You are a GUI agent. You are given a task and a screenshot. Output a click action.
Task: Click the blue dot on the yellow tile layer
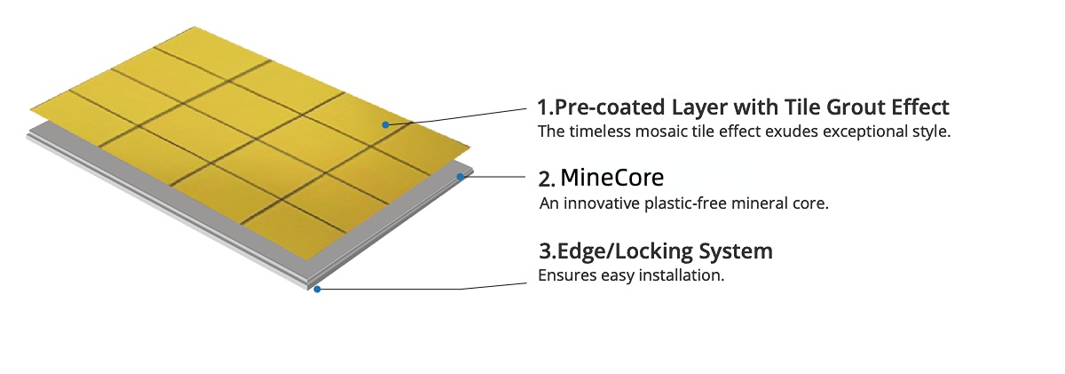pyautogui.click(x=385, y=124)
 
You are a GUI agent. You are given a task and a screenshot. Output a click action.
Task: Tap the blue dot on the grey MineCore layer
pyautogui.click(x=460, y=177)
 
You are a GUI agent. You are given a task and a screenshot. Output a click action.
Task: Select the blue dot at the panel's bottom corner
pyautogui.click(x=317, y=289)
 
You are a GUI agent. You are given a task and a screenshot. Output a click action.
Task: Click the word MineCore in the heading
pyautogui.click(x=611, y=177)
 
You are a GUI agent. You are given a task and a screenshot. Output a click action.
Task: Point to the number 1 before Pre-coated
pyautogui.click(x=544, y=107)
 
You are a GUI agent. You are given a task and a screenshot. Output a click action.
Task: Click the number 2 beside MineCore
pyautogui.click(x=544, y=179)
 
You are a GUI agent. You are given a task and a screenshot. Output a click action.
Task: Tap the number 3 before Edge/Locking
pyautogui.click(x=544, y=251)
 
